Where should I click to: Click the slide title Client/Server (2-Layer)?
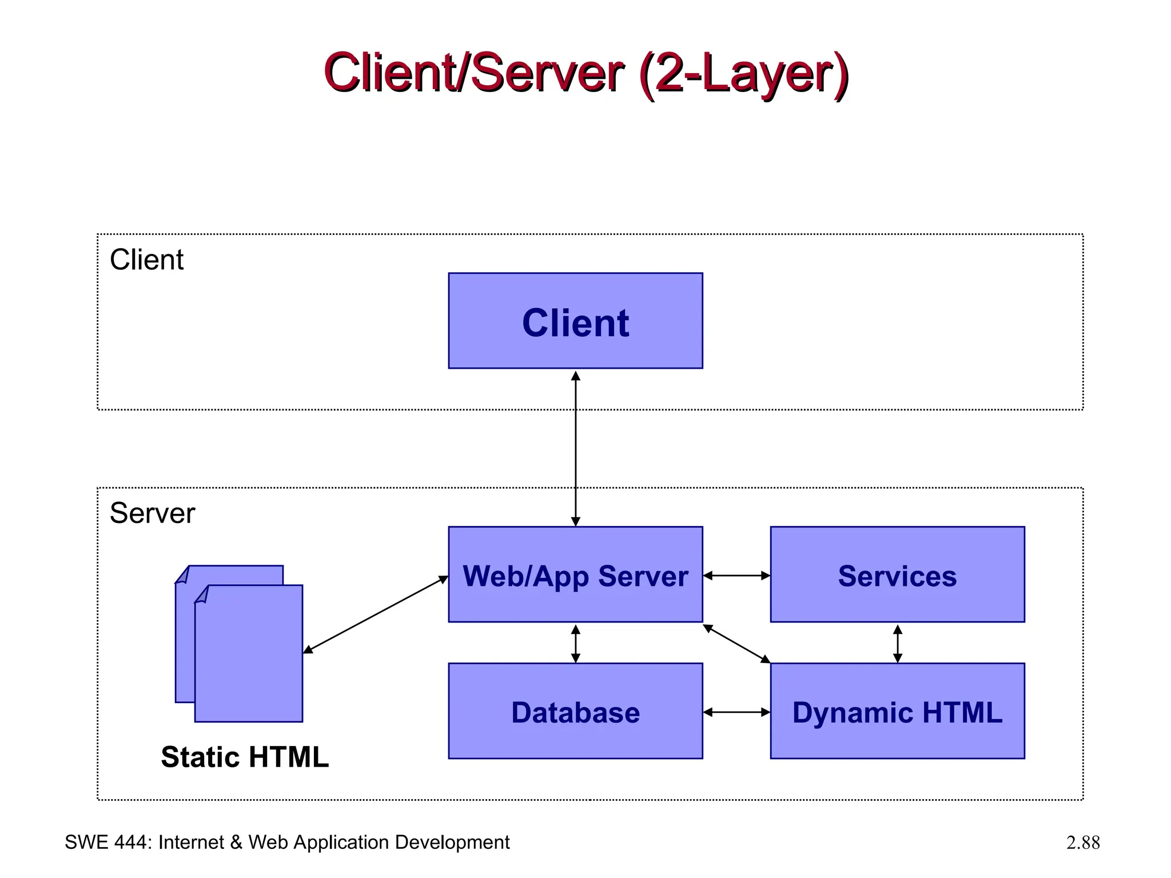coord(585,73)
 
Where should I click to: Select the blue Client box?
coord(575,321)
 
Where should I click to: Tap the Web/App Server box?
coord(575,574)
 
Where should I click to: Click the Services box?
coord(897,574)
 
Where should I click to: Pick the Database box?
coord(575,711)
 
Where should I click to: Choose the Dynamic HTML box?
coord(897,711)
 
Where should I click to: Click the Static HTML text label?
coord(245,757)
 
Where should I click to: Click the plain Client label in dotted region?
coord(146,260)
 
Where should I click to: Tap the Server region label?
coord(152,513)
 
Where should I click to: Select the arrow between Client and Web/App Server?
coord(576,449)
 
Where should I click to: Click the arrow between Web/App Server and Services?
coord(736,576)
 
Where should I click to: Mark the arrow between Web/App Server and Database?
coord(576,644)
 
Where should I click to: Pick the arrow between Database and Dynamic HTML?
coord(736,712)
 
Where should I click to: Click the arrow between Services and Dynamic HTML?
coord(898,644)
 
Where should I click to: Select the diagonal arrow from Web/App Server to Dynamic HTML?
coord(736,644)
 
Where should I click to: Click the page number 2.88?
coord(1082,843)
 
